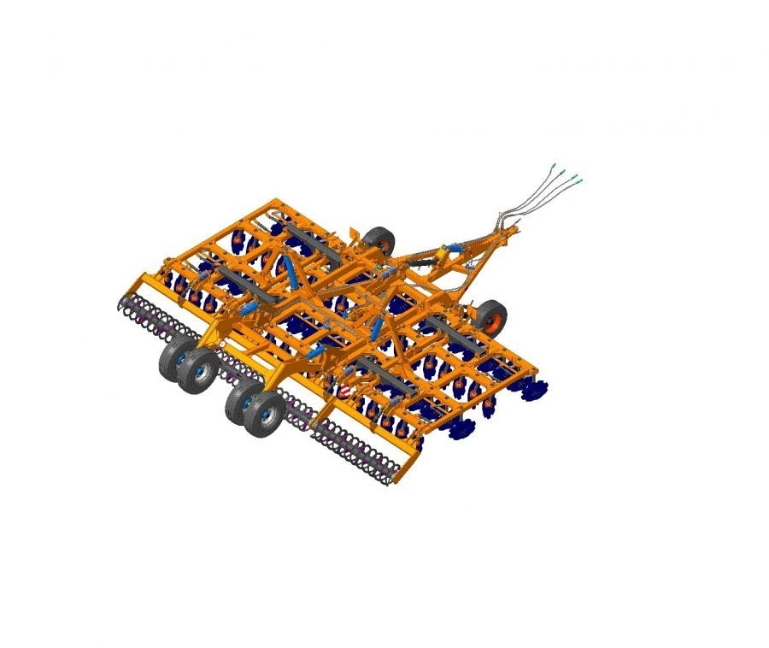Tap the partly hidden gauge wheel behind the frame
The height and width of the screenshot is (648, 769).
pyautogui.click(x=379, y=241)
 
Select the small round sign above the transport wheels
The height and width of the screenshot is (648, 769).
pyautogui.click(x=223, y=344)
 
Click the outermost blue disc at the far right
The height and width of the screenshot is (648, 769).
pyautogui.click(x=537, y=389)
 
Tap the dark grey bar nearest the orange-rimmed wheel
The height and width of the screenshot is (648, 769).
pyautogui.click(x=449, y=329)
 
